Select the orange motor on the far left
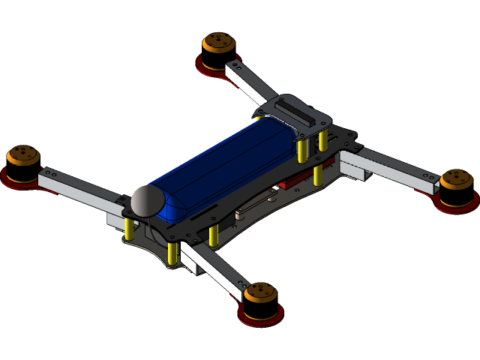point(22,159)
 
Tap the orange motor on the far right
point(455,184)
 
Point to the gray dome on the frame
point(147,201)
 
